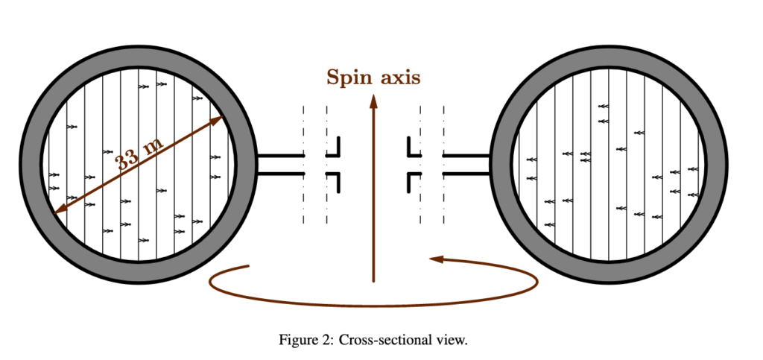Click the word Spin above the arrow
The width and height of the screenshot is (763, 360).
pos(347,78)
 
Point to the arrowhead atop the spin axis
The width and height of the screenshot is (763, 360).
pos(374,101)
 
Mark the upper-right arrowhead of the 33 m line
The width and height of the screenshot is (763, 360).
pos(217,120)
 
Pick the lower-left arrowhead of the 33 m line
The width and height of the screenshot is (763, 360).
pos(62,209)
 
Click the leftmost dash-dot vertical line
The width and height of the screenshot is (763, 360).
pos(304,165)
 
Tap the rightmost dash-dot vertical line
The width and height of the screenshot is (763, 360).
pos(444,165)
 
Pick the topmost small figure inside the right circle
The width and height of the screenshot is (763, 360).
pos(604,106)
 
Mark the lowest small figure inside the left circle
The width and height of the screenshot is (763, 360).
pos(144,240)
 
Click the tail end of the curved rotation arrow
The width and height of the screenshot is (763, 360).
pos(249,265)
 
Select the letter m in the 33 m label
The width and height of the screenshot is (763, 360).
pos(153,145)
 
